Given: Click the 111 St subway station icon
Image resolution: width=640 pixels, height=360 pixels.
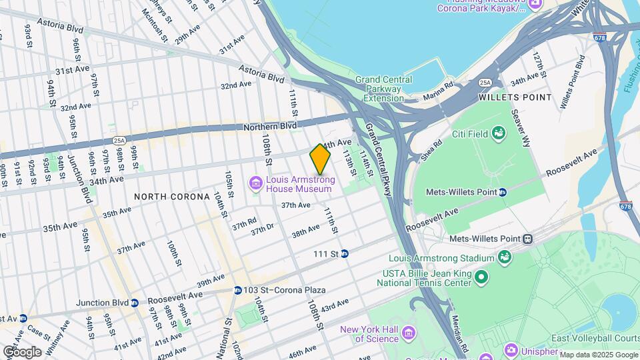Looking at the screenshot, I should [345, 253].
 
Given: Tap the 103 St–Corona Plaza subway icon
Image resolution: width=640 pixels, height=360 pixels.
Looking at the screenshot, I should [237, 290].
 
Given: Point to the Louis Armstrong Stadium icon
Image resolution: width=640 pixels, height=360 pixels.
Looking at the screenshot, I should [505, 257].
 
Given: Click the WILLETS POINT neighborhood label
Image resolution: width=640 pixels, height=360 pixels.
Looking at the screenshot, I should [515, 97].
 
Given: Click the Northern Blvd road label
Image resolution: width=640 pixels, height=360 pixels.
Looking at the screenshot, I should [269, 126].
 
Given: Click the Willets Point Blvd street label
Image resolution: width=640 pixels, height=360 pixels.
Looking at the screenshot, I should [573, 82].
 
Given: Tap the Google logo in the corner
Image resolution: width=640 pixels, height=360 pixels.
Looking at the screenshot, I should [22, 351].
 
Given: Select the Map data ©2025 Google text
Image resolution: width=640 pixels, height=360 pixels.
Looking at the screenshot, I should [598, 354].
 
